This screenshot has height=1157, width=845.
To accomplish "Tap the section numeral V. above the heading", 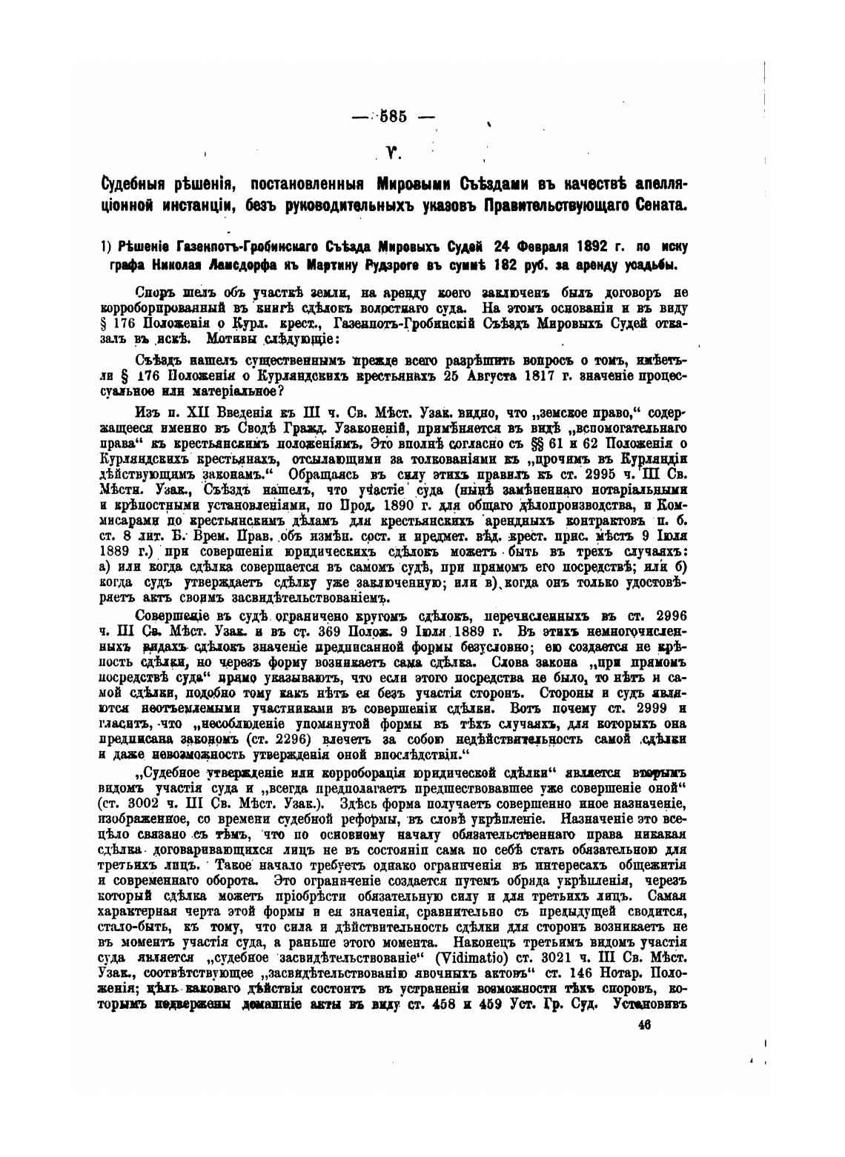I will pos(393,153).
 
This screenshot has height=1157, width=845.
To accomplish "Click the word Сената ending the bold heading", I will pos(656,204).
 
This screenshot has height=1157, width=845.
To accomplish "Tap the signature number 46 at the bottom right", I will pos(642,1024).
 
